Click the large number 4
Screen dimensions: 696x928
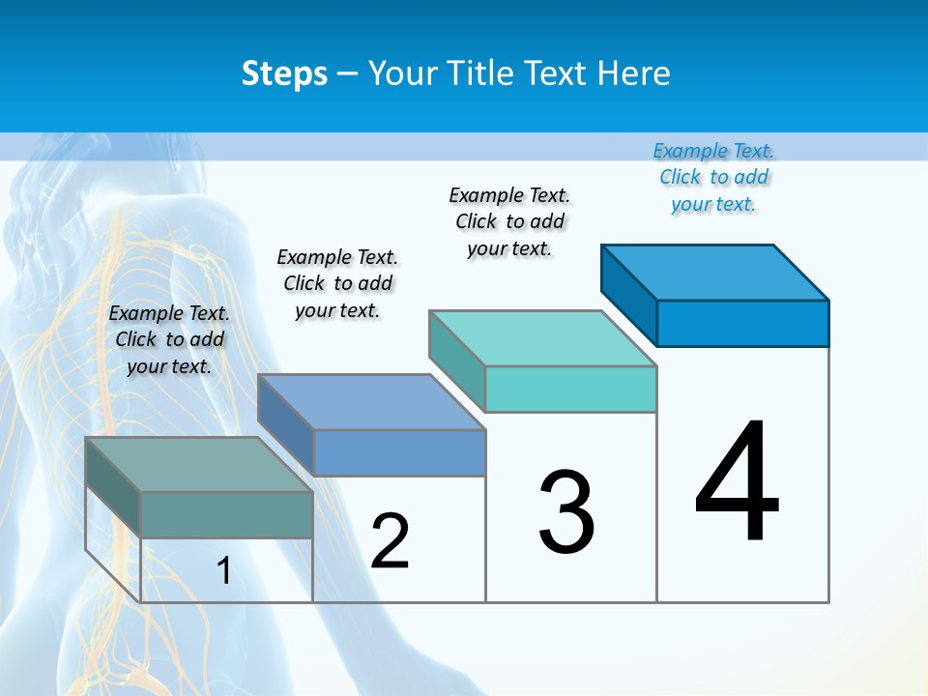point(737,483)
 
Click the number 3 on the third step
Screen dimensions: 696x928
point(566,512)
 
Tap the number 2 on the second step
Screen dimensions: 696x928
point(390,541)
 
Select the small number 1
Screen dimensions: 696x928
point(223,570)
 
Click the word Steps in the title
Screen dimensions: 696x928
point(284,73)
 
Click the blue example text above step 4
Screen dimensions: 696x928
point(713,177)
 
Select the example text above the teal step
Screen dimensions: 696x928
point(509,221)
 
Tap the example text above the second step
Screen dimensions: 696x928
point(337,283)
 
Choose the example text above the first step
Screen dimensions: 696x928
point(169,339)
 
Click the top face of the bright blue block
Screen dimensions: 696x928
point(715,272)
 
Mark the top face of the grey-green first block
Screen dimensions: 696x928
point(199,465)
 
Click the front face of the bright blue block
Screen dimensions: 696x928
point(742,323)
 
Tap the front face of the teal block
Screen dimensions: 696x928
point(570,390)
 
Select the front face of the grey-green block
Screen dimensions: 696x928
point(226,514)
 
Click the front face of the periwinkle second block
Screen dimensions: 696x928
point(399,452)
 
